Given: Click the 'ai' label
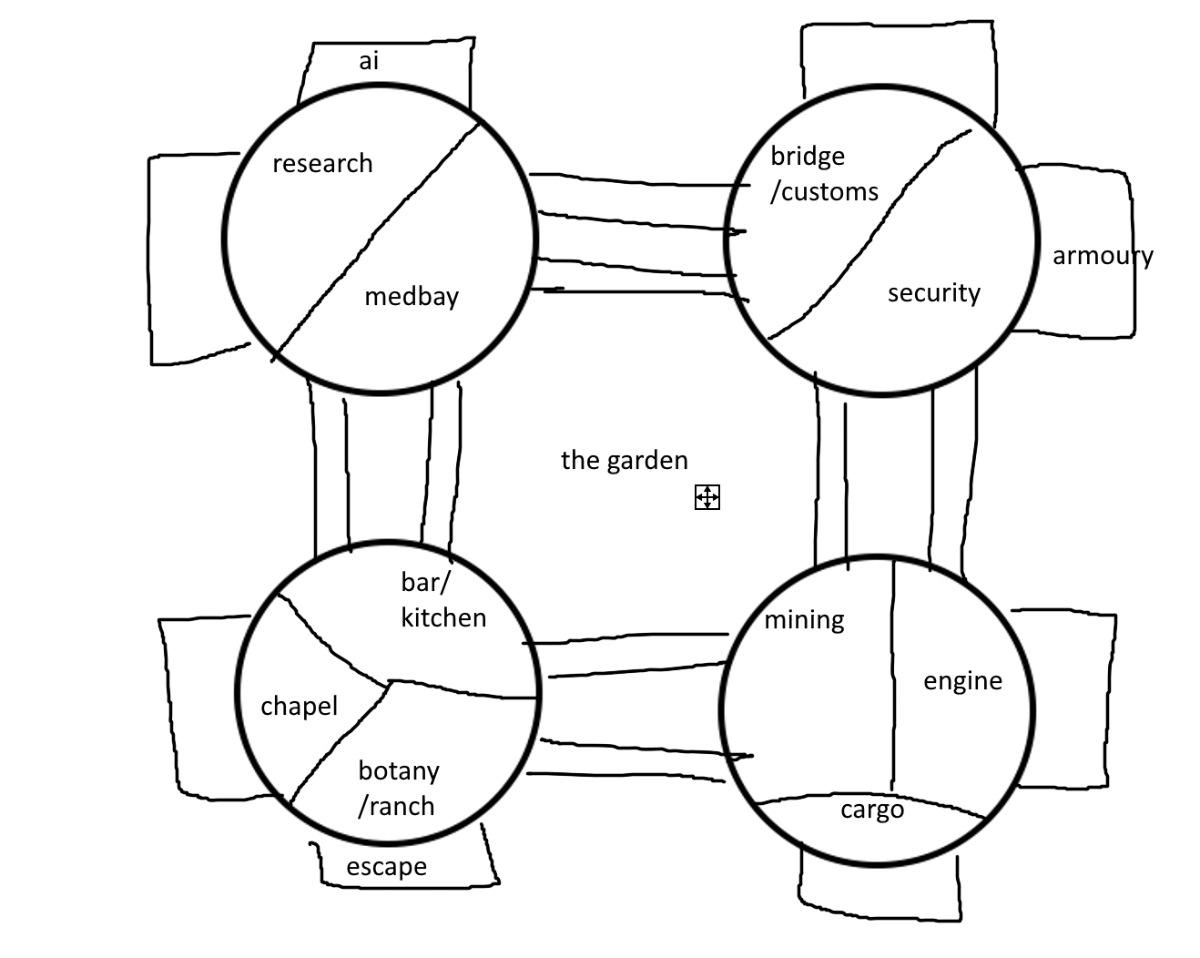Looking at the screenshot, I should pyautogui.click(x=368, y=61).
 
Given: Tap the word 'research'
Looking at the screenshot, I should pyautogui.click(x=322, y=164).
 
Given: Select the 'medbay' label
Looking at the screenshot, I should pyautogui.click(x=411, y=297).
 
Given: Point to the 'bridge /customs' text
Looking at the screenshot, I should pyautogui.click(x=823, y=174).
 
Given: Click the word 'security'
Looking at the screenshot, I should pyautogui.click(x=933, y=293).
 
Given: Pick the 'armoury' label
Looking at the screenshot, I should pyautogui.click(x=1102, y=256).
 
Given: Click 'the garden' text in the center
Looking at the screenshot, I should pyautogui.click(x=624, y=460).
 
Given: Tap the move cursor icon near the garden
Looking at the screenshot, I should pyautogui.click(x=707, y=497).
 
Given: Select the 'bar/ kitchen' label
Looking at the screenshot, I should pyautogui.click(x=442, y=600).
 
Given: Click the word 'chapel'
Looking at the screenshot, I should pyautogui.click(x=299, y=706).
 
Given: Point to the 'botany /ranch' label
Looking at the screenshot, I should pyautogui.click(x=398, y=789).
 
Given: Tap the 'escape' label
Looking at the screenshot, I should pyautogui.click(x=386, y=867).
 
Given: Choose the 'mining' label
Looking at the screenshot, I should pyautogui.click(x=804, y=620).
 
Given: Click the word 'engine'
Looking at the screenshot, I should pyautogui.click(x=962, y=681).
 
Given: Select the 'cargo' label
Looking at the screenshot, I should pyautogui.click(x=871, y=810).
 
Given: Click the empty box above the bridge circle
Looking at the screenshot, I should pyautogui.click(x=897, y=59).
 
